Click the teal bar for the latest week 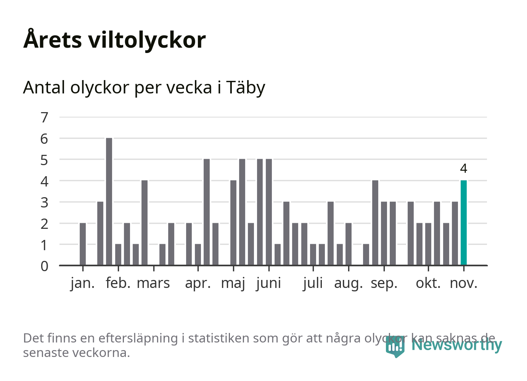pos(464,223)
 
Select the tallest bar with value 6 pos(109,201)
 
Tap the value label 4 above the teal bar pos(464,168)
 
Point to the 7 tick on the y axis pos(45,117)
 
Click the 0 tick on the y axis pos(45,266)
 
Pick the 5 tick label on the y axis pos(45,160)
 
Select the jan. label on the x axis pos(83,283)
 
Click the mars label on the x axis pos(153,283)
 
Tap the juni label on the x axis pos(269,283)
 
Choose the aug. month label pos(349,283)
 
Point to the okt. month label pos(428,283)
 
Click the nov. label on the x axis pos(464,283)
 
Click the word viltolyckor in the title pos(147,40)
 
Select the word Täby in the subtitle pos(246,88)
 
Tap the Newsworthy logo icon pos(395,346)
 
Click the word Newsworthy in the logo pos(457,345)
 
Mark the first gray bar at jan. pos(83,244)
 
